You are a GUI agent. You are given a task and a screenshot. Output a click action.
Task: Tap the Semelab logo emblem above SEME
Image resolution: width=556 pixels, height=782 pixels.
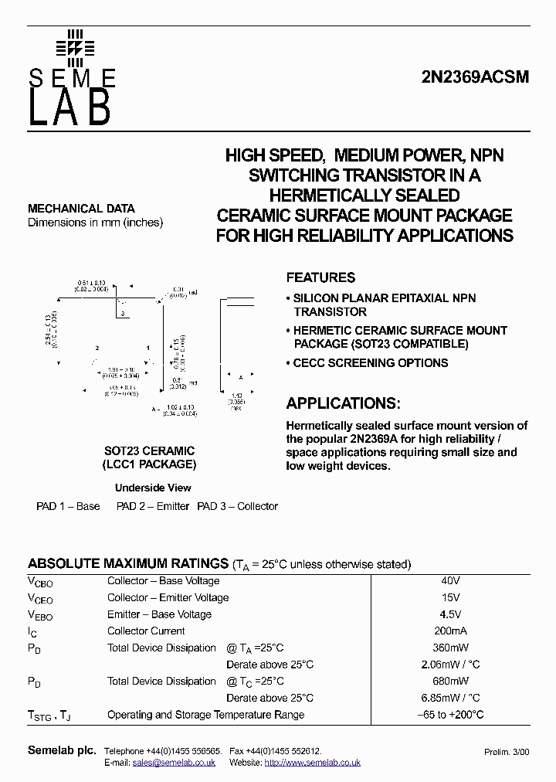tap(74, 48)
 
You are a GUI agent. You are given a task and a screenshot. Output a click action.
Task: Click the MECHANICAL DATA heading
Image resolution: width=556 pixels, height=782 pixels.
tap(81, 209)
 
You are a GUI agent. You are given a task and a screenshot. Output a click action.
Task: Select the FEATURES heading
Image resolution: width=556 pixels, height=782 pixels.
tap(320, 277)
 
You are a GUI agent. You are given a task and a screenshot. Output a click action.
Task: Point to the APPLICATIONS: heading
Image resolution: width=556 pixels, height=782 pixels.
tap(344, 403)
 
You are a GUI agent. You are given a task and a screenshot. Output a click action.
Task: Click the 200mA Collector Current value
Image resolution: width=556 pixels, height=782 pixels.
tap(452, 631)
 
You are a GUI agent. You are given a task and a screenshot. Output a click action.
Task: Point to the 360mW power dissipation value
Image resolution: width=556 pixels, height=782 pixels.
tap(452, 648)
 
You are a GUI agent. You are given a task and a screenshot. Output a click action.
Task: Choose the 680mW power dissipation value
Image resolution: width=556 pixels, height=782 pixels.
tap(452, 681)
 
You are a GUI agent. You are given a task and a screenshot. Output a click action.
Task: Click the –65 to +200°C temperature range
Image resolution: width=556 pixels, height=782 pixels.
tap(451, 715)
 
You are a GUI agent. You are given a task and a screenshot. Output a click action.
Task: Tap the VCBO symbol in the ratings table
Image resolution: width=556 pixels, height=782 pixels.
tap(40, 583)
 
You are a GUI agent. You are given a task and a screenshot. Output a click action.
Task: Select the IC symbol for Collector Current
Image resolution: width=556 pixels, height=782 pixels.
tap(32, 632)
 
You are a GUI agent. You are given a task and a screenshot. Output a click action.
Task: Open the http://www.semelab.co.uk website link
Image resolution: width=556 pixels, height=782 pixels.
tap(312, 763)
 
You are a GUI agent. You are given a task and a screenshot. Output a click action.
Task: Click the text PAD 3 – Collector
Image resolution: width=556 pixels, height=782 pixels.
tap(237, 506)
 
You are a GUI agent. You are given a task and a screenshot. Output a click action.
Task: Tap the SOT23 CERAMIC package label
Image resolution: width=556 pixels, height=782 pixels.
tap(149, 450)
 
